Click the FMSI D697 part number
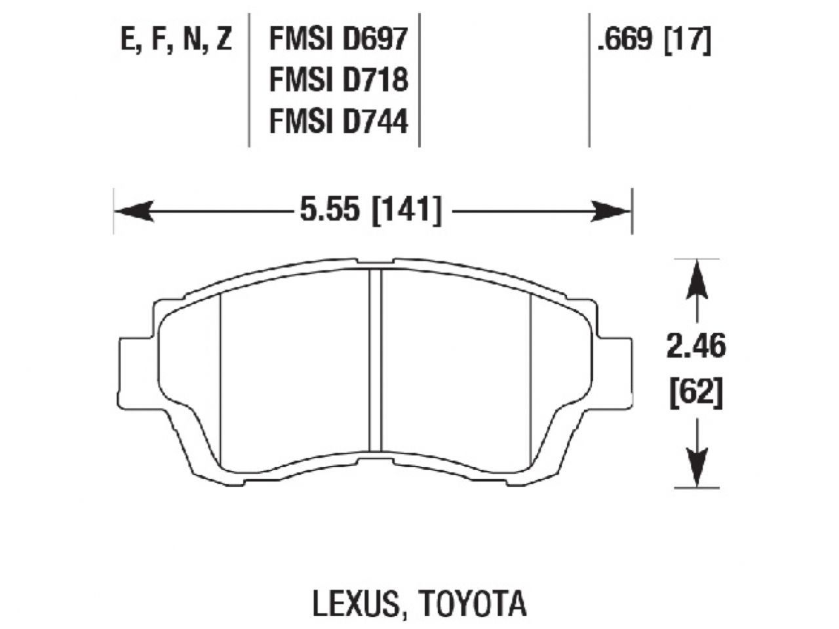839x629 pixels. coord(338,41)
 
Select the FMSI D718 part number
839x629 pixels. coord(338,81)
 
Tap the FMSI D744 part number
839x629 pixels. coord(338,121)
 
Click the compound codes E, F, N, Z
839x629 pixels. coord(176,41)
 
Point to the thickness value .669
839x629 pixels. coord(625,41)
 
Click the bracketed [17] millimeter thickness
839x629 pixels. coord(688,41)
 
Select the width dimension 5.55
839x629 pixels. coord(330,211)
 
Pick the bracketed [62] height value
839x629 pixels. coord(696,394)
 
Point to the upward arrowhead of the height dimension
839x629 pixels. coord(697,275)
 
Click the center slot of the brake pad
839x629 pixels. coord(375,360)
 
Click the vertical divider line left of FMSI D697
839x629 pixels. coord(250,79)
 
